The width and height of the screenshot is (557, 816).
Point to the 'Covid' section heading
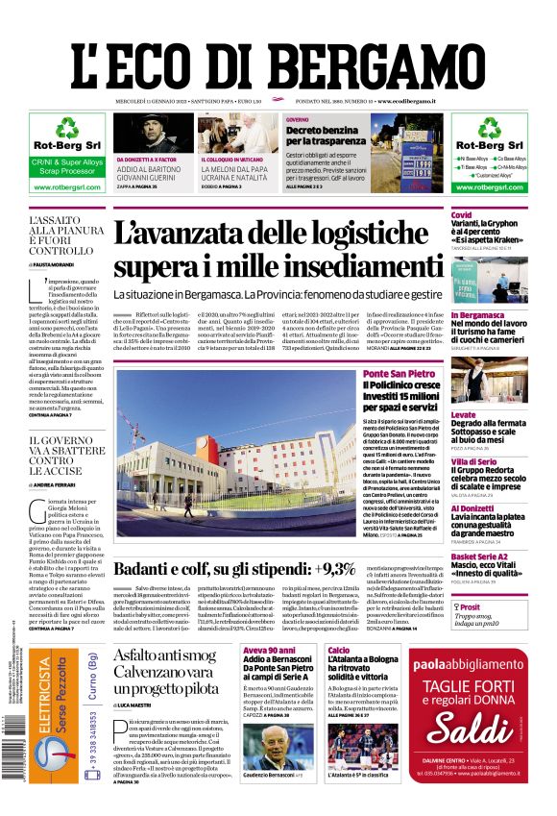[x=462, y=214]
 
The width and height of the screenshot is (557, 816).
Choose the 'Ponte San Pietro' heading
[x=397, y=373]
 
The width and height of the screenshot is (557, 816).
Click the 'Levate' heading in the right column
[x=464, y=415]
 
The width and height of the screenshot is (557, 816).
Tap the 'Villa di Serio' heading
[x=472, y=462]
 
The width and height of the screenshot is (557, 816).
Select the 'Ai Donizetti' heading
[x=472, y=507]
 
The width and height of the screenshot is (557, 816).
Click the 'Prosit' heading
[x=470, y=607]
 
